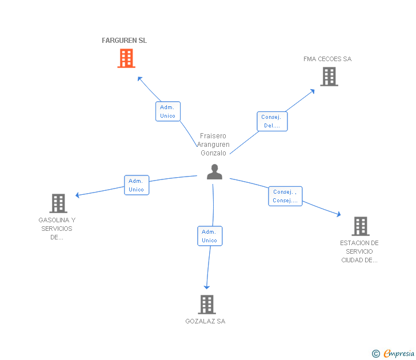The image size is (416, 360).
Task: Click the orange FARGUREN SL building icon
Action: coord(126,58)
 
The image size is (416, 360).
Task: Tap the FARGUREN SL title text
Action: coord(124,41)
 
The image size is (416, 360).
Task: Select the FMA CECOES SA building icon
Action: coord(329,77)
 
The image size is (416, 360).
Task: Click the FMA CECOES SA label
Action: coord(327,59)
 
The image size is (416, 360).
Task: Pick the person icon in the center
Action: coord(214,171)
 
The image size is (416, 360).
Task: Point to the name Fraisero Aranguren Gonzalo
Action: coord(214,145)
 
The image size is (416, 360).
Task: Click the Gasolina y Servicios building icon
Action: coord(58,203)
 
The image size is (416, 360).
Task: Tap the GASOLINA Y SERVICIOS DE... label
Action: coord(57,229)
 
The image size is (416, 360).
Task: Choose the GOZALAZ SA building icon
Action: coord(206,304)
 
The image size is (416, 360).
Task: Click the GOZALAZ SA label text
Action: coord(205,321)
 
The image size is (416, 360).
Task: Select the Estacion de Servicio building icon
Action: coord(360,226)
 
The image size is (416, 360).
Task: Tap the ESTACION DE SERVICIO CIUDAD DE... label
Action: coord(359,251)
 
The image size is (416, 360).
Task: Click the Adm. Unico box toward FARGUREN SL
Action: coord(167,111)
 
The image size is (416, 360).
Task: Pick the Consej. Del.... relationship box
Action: coord(271,121)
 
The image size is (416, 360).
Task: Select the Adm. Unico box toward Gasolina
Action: coord(136,185)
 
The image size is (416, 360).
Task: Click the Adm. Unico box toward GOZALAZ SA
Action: coord(210,236)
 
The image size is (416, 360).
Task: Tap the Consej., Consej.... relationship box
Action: coord(285,196)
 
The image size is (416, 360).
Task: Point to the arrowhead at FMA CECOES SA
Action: coord(312,90)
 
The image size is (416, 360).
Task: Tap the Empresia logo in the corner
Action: coord(394,354)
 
